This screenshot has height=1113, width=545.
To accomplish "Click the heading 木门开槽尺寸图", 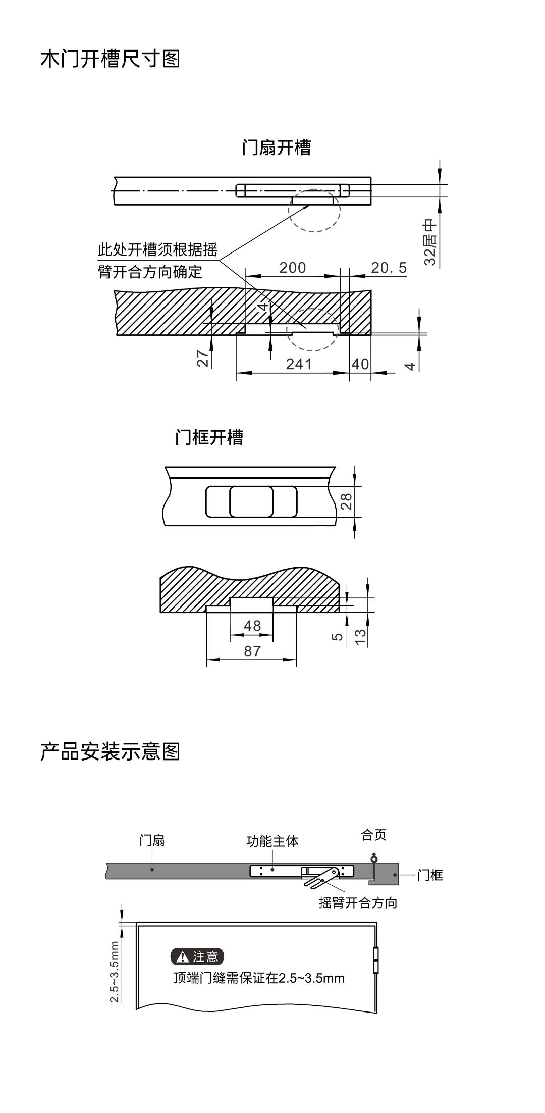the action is [110, 59].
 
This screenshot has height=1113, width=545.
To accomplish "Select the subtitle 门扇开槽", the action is [277, 147].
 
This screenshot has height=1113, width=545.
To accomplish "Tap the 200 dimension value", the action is [293, 267].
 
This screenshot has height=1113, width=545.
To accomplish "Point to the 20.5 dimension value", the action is [389, 267].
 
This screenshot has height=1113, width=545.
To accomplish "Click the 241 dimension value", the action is [299, 364].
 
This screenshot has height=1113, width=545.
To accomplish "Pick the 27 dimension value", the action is [203, 359].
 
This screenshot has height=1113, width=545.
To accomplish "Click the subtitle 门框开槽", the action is [209, 437].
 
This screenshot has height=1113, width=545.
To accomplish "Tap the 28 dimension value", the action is [346, 501].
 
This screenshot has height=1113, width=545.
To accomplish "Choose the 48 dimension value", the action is [252, 626].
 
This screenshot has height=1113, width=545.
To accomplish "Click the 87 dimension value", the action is [252, 651].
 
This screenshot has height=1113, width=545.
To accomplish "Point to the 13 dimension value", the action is [360, 637].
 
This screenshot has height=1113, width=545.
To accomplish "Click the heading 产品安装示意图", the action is [110, 752].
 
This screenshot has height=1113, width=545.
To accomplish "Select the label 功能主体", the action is [272, 841].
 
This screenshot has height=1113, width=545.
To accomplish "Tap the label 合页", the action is [374, 835].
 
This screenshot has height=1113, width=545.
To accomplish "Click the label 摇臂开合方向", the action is [358, 903].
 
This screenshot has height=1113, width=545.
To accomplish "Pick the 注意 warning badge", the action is [197, 956].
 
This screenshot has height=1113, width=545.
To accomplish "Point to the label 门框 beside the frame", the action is [430, 875].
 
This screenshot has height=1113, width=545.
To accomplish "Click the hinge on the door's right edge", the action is [375, 960].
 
